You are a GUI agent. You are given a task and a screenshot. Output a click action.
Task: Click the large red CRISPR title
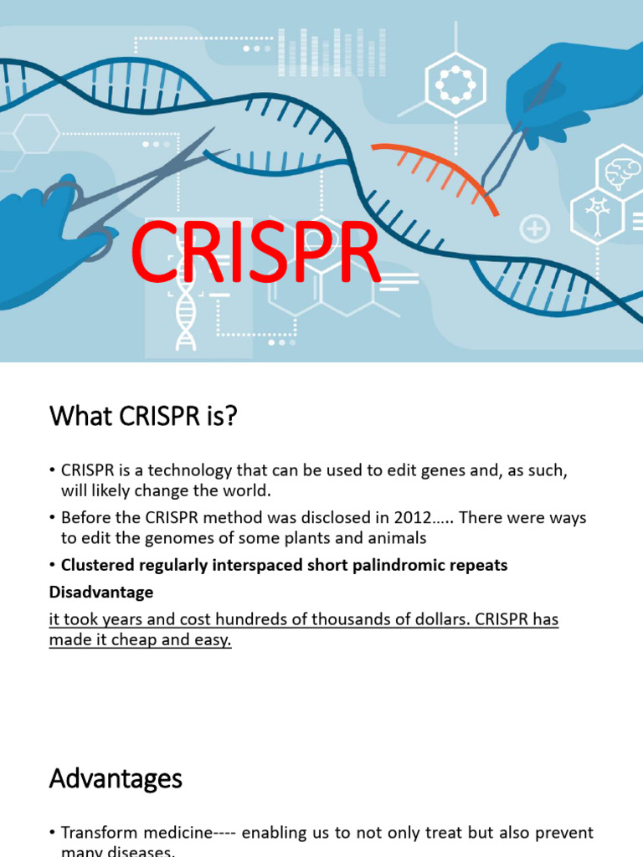(255, 252)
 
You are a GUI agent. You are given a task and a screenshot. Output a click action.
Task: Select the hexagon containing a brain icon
(620, 172)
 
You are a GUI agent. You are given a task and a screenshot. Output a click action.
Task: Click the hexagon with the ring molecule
(456, 85)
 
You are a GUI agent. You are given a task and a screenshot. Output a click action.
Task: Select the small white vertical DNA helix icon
(186, 315)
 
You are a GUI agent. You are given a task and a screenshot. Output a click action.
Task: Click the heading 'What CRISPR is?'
(143, 415)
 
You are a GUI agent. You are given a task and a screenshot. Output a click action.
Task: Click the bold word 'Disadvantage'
(101, 592)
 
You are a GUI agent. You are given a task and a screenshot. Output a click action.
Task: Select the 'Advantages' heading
(116, 779)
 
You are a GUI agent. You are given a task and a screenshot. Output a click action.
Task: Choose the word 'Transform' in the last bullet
(99, 834)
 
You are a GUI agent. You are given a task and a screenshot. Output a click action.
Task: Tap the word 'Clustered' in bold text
(95, 565)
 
